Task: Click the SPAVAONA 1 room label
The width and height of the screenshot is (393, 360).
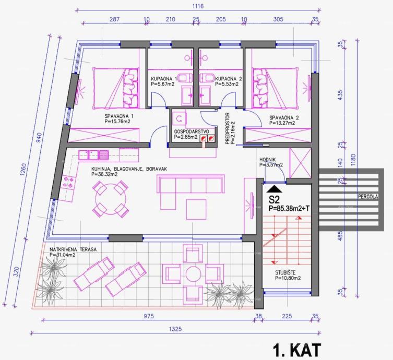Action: click(119, 116)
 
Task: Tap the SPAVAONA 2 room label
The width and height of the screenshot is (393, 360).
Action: click(284, 118)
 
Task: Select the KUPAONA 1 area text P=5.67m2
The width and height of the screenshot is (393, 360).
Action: click(163, 84)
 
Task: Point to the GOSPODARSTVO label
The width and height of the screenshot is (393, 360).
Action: click(191, 132)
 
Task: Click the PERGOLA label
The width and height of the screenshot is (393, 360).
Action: click(368, 197)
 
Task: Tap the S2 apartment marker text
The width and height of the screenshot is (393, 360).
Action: click(274, 200)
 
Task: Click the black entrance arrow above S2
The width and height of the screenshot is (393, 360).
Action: click(274, 189)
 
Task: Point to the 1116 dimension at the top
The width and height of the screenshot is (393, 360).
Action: click(198, 6)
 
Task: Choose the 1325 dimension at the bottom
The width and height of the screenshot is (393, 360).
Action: click(175, 329)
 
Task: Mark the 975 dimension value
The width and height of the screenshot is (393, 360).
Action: click(148, 316)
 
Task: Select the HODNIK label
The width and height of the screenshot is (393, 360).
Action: click(267, 160)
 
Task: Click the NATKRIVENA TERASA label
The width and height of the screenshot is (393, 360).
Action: click(73, 250)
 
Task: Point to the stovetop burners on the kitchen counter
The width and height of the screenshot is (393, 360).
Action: click(68, 183)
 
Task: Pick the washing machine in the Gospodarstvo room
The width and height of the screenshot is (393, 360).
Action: click(180, 118)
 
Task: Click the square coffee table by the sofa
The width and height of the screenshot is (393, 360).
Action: click(196, 209)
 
